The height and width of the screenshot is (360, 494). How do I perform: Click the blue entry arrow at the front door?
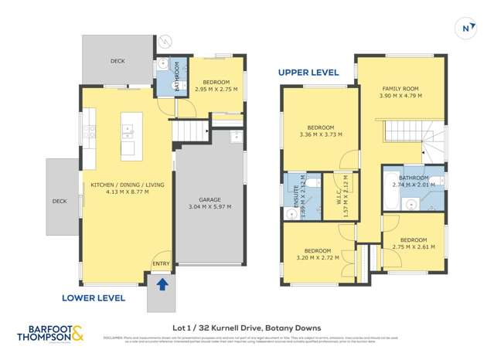(x=162, y=285)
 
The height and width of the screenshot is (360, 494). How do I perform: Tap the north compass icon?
(x=465, y=29)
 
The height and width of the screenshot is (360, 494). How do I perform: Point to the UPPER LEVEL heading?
(x=308, y=72)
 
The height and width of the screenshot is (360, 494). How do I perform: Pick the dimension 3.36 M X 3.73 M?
(x=320, y=134)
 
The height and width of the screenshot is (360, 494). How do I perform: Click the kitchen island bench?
(x=128, y=135)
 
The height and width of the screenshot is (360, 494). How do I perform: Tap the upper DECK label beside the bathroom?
(x=118, y=60)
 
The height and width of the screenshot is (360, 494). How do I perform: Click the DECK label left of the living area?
(x=60, y=202)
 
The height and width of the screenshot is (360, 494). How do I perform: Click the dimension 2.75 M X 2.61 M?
(x=414, y=246)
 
